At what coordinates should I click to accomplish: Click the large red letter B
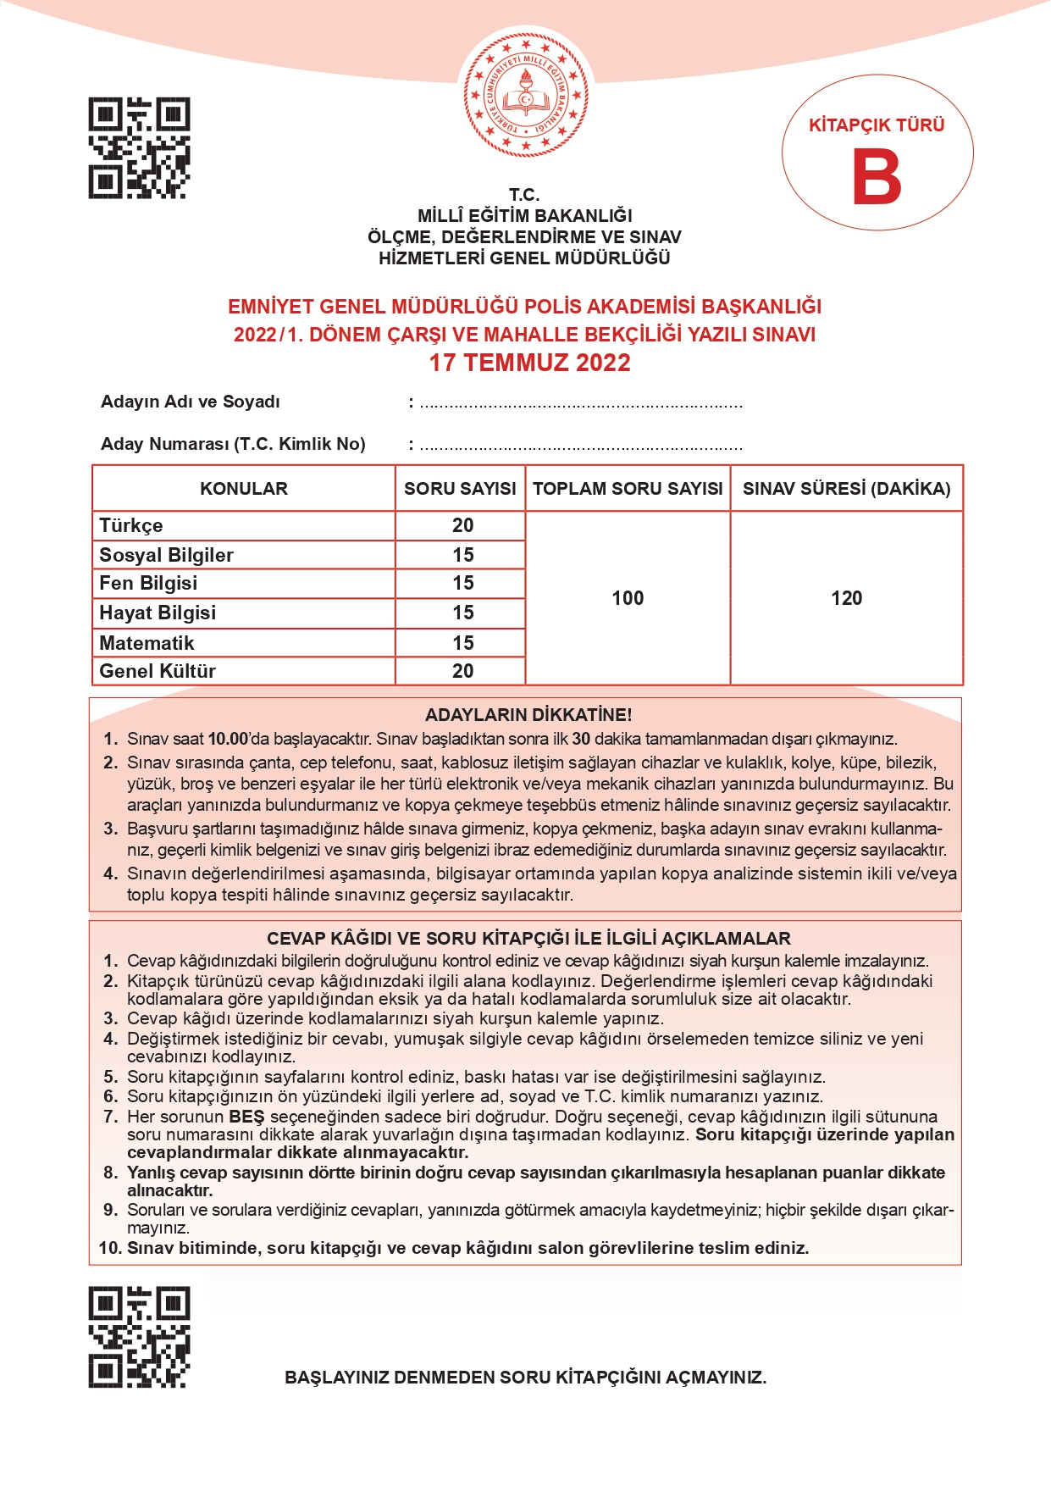click(x=877, y=177)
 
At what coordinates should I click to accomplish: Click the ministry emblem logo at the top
click(x=525, y=96)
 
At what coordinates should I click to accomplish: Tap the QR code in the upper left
click(x=139, y=148)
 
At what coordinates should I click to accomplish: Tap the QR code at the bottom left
click(x=139, y=1337)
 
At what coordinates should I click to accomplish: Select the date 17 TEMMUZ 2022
click(x=529, y=363)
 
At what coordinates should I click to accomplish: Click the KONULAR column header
click(x=244, y=489)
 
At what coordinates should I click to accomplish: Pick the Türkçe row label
click(x=131, y=525)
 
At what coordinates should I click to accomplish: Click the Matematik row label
click(x=147, y=643)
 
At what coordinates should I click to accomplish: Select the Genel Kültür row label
click(x=158, y=671)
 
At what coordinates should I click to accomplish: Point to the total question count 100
click(x=628, y=598)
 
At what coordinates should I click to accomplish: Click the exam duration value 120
click(x=846, y=598)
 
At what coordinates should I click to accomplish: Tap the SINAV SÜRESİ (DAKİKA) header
click(x=846, y=489)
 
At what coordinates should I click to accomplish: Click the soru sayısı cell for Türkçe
click(x=462, y=525)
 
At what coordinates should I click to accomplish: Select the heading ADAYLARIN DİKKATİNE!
click(x=528, y=714)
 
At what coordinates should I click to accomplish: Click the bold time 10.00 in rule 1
click(x=228, y=739)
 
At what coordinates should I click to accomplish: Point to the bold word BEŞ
click(x=246, y=1117)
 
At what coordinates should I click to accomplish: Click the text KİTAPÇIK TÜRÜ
click(x=877, y=125)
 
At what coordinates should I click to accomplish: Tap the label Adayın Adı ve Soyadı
click(x=191, y=402)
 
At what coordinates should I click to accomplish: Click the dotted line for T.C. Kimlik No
click(x=581, y=446)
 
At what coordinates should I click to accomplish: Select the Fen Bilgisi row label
click(x=148, y=583)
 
